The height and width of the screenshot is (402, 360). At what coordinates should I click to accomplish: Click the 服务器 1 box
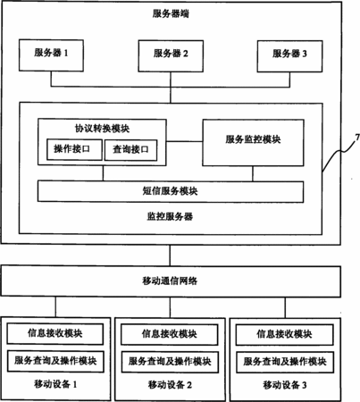tap(51, 55)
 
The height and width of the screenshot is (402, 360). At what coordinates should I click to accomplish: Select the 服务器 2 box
tap(171, 56)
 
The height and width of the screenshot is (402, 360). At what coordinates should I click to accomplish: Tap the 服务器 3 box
tap(289, 56)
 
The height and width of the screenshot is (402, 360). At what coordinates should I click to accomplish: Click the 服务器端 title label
tap(171, 13)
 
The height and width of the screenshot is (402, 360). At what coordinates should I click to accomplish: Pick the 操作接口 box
tap(74, 149)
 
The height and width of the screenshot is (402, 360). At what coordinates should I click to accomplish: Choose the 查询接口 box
tap(130, 150)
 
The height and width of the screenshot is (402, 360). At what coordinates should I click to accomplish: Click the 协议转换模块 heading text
tap(102, 129)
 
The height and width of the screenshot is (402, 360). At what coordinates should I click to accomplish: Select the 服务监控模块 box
tap(253, 143)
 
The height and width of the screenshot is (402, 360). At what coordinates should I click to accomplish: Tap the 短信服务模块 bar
tap(171, 191)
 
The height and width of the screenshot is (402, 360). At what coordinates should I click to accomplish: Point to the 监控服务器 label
tap(170, 216)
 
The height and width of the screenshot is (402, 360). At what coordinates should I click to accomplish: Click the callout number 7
tap(357, 138)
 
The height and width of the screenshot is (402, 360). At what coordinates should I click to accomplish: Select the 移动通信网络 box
tap(171, 281)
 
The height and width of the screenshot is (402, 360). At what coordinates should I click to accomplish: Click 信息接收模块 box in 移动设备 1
tap(55, 334)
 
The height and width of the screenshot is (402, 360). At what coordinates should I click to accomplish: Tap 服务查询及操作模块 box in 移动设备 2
tap(170, 362)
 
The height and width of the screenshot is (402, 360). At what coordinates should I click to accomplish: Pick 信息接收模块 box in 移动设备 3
tap(284, 335)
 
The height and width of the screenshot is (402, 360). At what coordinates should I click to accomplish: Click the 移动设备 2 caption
tap(170, 385)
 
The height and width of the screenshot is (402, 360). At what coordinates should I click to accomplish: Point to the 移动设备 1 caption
tap(55, 384)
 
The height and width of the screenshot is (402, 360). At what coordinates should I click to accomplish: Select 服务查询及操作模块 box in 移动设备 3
tap(285, 362)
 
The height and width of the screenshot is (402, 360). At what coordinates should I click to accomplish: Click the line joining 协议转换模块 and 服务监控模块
tap(184, 141)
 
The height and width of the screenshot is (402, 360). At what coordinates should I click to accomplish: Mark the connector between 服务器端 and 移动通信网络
tap(171, 255)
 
